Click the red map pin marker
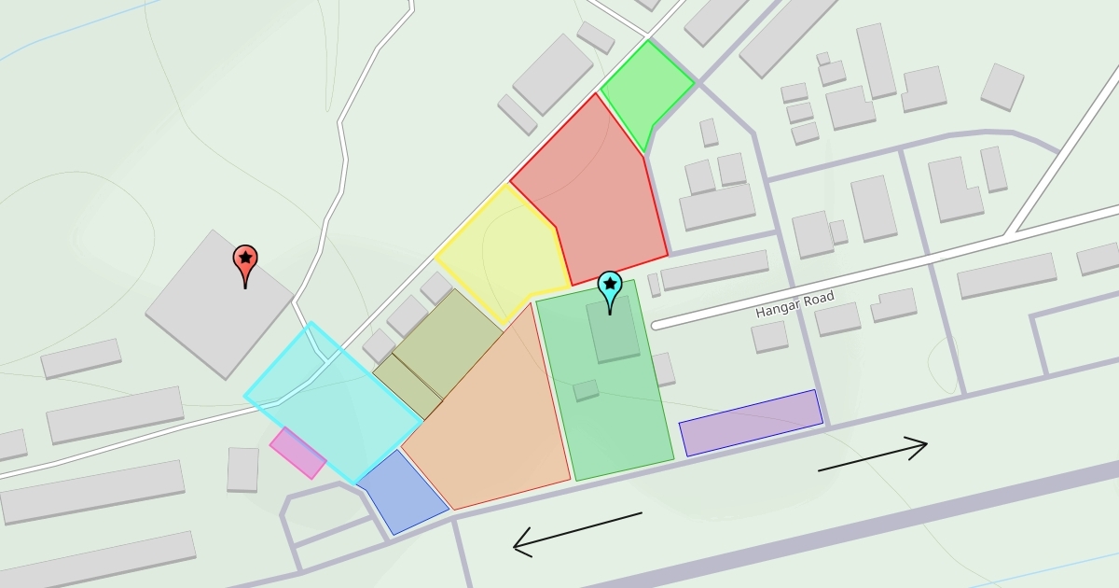tap(245, 264)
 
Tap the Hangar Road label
tap(794, 304)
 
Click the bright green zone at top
tap(646, 89)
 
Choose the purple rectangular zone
tap(752, 423)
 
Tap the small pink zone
tap(297, 453)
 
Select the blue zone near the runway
tap(401, 494)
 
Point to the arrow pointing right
tap(873, 455)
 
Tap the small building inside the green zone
tap(587, 390)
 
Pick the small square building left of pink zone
tap(242, 469)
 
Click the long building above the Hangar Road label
tap(714, 269)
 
